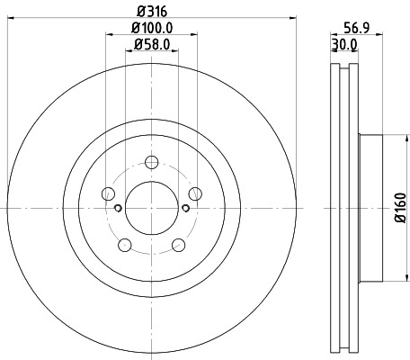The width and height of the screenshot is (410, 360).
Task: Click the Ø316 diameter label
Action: [x=151, y=12]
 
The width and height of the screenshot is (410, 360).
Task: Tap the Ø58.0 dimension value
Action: [x=151, y=44]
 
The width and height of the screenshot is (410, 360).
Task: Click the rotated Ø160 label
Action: [x=398, y=209]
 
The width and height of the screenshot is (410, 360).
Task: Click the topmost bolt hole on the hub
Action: [x=151, y=162]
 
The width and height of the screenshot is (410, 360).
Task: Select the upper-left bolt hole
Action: [x=108, y=193]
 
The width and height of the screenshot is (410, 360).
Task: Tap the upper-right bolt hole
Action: [x=195, y=193]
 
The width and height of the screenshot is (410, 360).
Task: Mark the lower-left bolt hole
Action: [x=124, y=244]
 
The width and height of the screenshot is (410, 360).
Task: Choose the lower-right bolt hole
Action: [x=178, y=244]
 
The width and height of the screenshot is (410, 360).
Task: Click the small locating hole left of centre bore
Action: [x=119, y=208]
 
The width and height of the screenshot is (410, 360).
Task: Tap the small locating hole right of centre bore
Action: [x=184, y=208]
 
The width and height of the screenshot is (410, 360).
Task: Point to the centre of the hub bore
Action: [x=151, y=208]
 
